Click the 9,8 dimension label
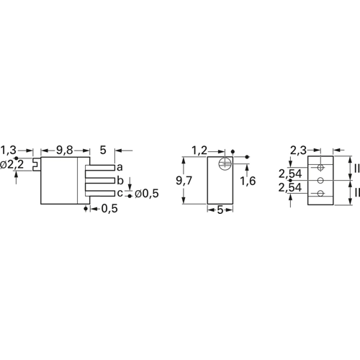click(x=66, y=150)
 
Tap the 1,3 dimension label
click(x=9, y=150)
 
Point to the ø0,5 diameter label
click(x=147, y=193)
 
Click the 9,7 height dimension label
click(x=184, y=181)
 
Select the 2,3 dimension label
click(x=298, y=150)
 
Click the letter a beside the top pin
click(x=120, y=166)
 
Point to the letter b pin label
click(x=120, y=179)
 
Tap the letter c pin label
click(x=120, y=192)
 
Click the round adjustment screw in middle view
click(x=226, y=163)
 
